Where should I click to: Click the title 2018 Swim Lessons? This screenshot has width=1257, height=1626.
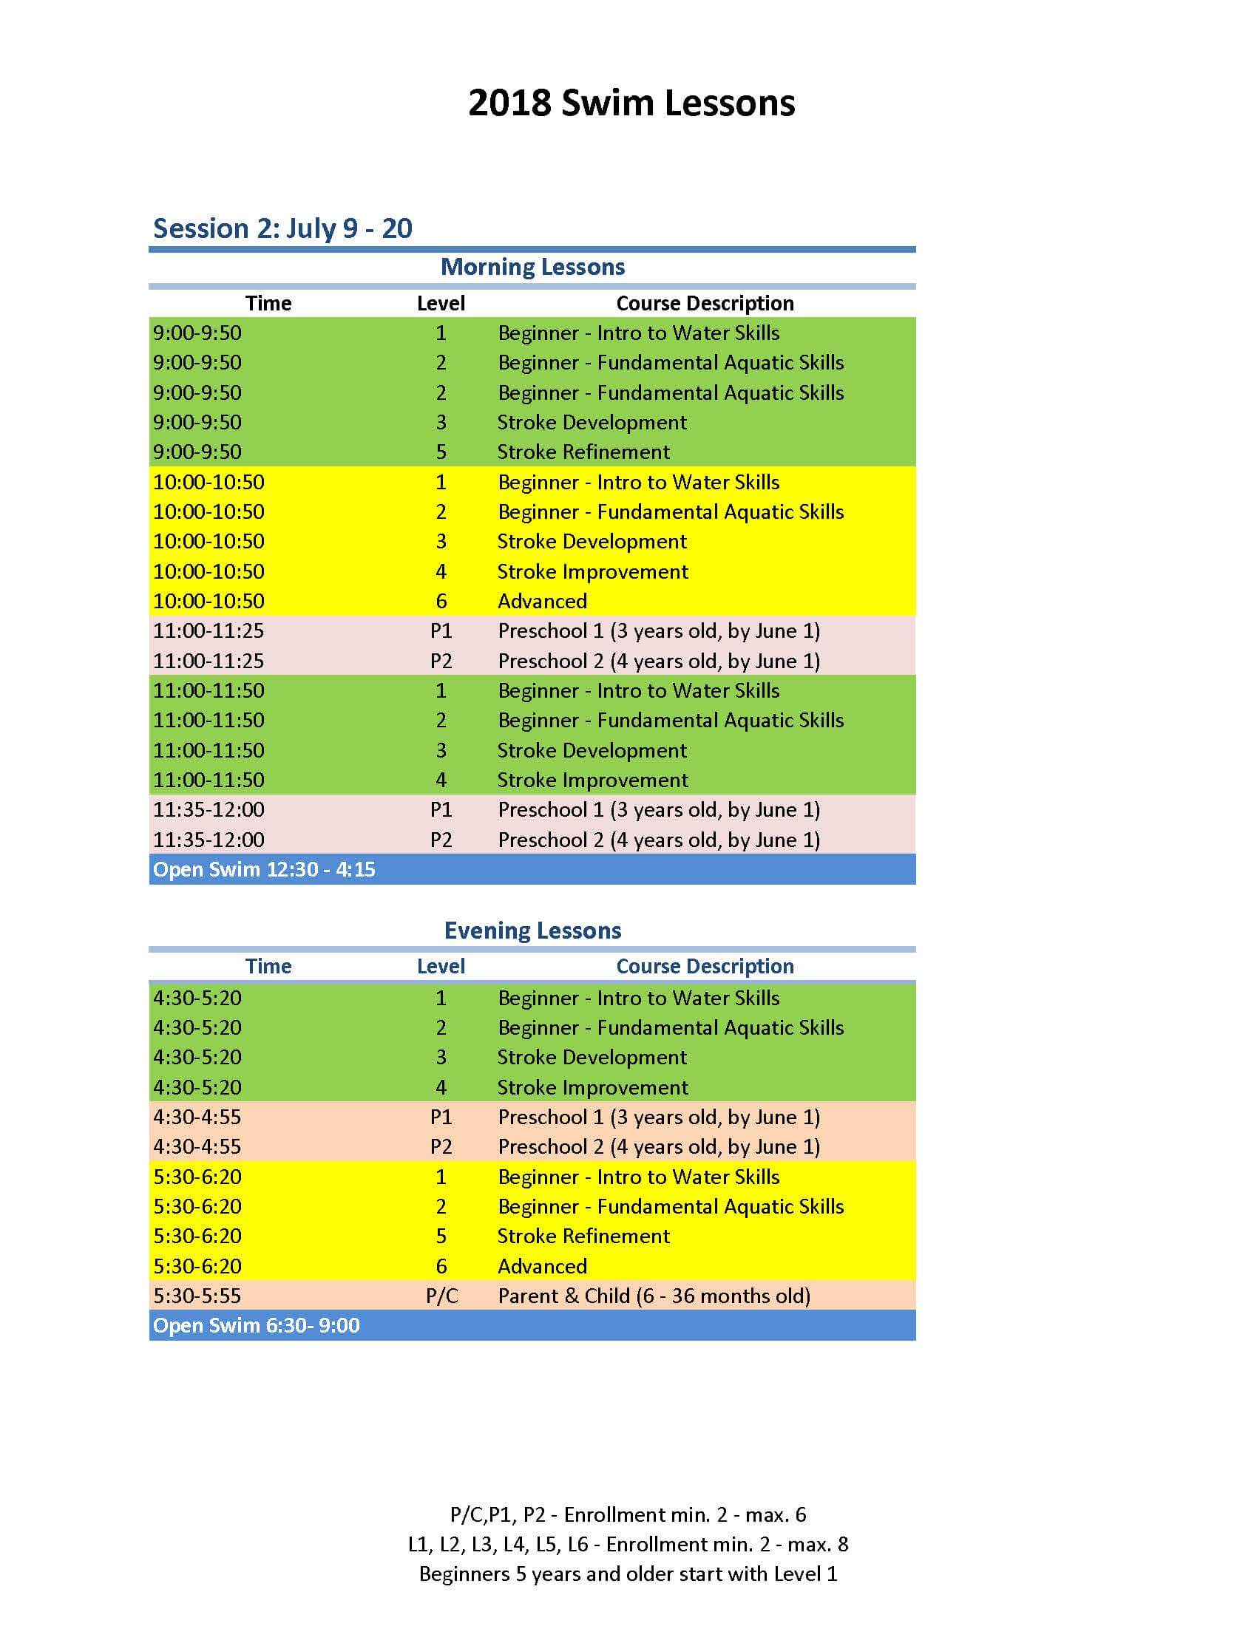(631, 103)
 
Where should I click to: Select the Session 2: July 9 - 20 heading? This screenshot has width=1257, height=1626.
(282, 228)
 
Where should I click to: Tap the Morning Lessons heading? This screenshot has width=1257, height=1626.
(532, 267)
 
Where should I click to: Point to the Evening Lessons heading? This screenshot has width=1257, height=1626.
(532, 930)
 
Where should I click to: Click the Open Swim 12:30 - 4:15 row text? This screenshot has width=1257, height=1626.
(264, 869)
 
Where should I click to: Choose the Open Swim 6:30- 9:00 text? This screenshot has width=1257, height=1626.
(256, 1325)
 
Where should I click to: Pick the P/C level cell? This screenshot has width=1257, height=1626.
(441, 1296)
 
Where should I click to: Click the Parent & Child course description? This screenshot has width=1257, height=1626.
(654, 1296)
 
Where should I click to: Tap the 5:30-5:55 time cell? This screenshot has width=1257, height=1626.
(197, 1296)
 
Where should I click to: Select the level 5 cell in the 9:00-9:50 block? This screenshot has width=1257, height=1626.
(441, 452)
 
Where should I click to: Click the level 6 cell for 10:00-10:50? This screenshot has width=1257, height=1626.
(441, 601)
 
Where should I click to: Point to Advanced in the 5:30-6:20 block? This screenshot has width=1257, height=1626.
(542, 1265)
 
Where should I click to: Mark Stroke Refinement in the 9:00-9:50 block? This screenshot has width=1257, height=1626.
(584, 452)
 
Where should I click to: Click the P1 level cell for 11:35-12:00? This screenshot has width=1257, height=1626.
(441, 809)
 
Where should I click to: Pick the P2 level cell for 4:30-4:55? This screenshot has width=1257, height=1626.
(441, 1146)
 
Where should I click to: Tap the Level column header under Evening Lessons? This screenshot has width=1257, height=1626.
(441, 967)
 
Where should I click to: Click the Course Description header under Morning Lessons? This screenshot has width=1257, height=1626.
(705, 303)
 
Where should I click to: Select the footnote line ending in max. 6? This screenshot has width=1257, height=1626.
(628, 1514)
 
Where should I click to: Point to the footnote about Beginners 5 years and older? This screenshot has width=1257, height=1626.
(628, 1574)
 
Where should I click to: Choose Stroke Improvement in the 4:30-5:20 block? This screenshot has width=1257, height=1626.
(593, 1087)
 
